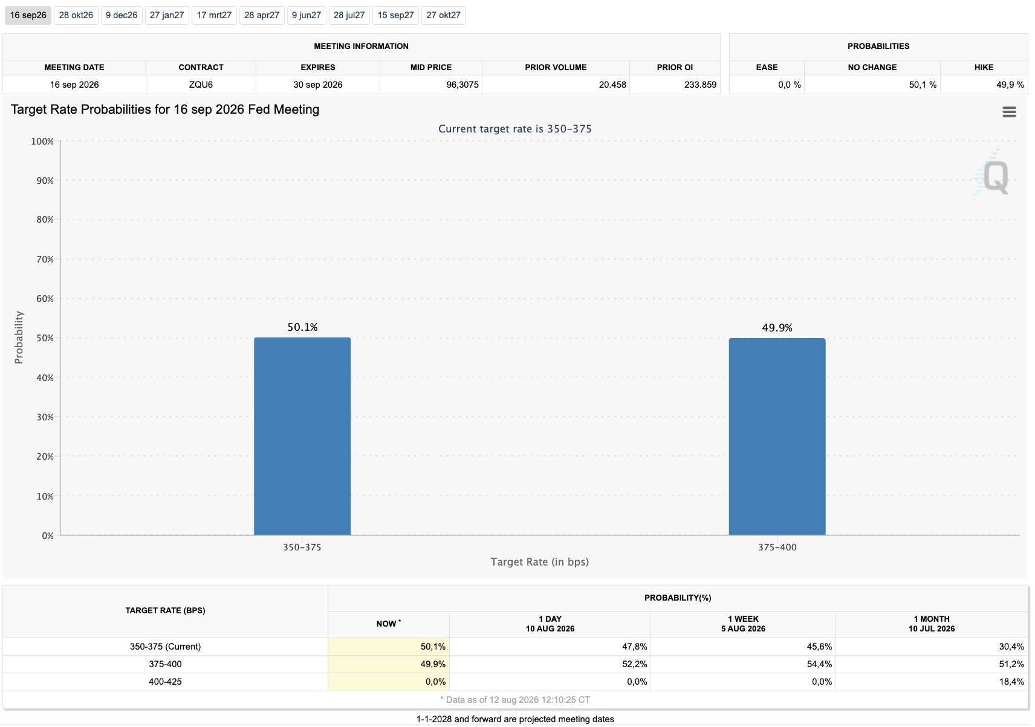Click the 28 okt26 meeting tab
point(76,15)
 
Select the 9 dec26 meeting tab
point(122,15)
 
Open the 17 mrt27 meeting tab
point(214,15)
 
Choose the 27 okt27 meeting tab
point(443,15)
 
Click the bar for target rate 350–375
point(302,436)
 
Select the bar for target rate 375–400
point(777,437)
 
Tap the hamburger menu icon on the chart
point(1009,112)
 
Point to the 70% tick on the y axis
point(45,259)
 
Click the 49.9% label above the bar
point(777,328)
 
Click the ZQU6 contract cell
point(201,85)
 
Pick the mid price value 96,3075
point(462,85)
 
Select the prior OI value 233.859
point(700,85)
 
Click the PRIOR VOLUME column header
point(556,68)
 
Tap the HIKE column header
point(984,68)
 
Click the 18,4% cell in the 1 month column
point(1011,681)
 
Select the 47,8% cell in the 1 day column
point(634,646)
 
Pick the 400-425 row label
point(165,681)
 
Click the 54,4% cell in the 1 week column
point(819,663)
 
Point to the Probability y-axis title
point(19,337)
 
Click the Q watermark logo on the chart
point(993,177)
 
